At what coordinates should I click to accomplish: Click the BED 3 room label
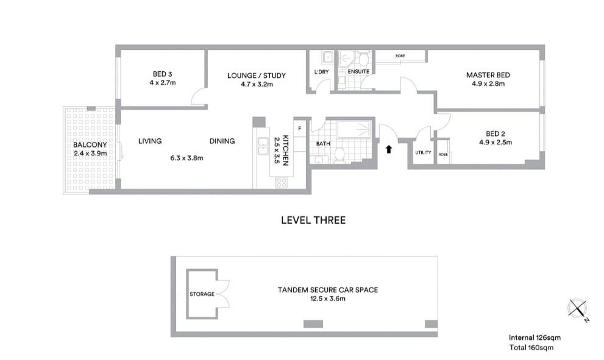(x=162, y=74)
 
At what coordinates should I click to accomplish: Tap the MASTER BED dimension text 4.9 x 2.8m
(x=488, y=83)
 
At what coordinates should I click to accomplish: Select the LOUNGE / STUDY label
(x=257, y=76)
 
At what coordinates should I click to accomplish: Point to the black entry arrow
(x=389, y=149)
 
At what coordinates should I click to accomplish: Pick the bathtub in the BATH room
(x=354, y=129)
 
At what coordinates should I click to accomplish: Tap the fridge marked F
(x=299, y=129)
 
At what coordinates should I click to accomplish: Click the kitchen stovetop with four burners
(x=281, y=183)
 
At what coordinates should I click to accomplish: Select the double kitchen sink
(x=263, y=146)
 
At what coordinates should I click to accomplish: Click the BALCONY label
(x=90, y=145)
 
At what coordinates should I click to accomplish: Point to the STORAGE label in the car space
(x=202, y=294)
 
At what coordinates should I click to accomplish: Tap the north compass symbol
(x=577, y=309)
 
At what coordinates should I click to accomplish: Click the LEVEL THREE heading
(x=313, y=221)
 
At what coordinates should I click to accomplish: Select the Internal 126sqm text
(x=535, y=337)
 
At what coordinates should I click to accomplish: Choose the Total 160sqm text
(x=531, y=348)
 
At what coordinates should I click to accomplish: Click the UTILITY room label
(x=423, y=152)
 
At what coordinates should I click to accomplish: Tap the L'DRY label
(x=322, y=72)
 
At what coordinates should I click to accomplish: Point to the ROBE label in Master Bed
(x=400, y=56)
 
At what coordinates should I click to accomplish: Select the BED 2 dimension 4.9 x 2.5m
(x=496, y=142)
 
